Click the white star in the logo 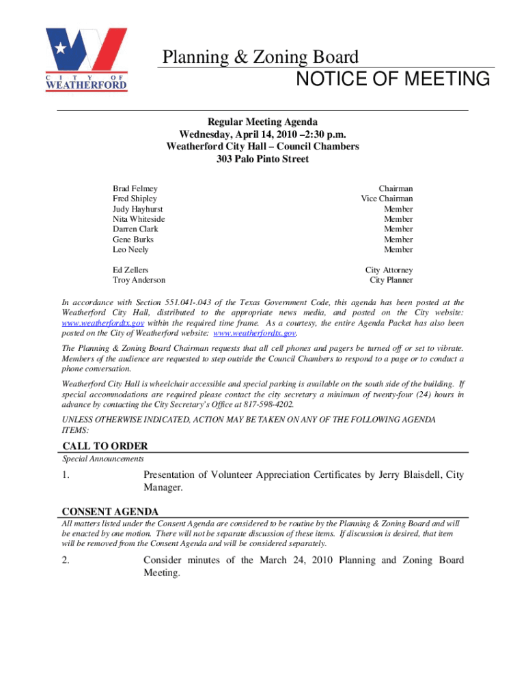click(x=59, y=48)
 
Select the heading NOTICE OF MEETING click(x=393, y=80)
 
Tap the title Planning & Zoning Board click(x=260, y=57)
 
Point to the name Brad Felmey click(x=135, y=188)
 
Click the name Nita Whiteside click(x=139, y=219)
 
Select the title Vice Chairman click(x=387, y=199)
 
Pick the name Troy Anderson click(x=139, y=280)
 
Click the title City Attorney click(x=389, y=270)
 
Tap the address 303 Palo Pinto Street click(x=263, y=159)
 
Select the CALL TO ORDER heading click(x=105, y=446)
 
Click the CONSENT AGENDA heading click(x=111, y=511)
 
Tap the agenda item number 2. click(x=66, y=560)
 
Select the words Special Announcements click(x=103, y=459)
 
